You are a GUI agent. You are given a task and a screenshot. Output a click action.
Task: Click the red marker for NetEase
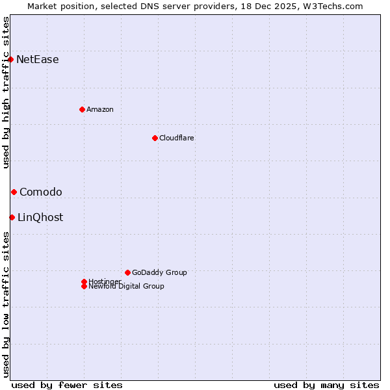pos(11,60)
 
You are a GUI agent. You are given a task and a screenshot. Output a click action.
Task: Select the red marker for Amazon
pos(82,109)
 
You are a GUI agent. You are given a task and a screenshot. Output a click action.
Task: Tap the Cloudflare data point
pos(155,138)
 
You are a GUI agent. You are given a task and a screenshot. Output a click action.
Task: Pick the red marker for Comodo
pos(14,192)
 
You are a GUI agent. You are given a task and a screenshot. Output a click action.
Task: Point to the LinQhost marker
pos(12,217)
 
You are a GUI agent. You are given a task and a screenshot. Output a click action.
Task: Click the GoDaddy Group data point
pos(127,272)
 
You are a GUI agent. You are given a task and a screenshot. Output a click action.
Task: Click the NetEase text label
pos(38,60)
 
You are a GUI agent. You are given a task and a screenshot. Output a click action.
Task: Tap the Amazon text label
pos(100,109)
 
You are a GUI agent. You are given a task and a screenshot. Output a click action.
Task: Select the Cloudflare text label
pos(177,138)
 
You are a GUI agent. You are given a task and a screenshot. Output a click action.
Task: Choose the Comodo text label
pos(41,192)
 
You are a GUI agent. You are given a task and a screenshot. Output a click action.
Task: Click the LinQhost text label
pos(40,217)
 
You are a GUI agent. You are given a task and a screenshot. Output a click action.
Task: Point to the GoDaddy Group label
pos(159,272)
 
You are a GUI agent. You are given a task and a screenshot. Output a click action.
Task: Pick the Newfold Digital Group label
pos(127,286)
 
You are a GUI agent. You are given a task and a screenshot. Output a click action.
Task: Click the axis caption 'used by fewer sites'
pos(67,385)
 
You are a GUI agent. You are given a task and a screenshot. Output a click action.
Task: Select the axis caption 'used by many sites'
pos(326,385)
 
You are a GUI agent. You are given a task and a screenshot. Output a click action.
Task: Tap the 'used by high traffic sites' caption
pos(6,92)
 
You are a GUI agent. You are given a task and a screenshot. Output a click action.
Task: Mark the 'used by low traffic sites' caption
pos(6,304)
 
